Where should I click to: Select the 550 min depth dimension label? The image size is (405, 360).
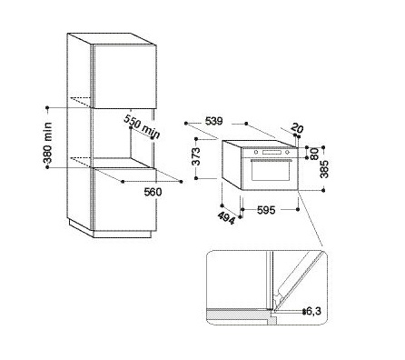[142, 127]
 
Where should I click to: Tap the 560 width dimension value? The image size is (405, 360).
[153, 192]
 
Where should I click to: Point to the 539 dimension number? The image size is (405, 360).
[213, 121]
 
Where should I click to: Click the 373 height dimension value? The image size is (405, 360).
[196, 156]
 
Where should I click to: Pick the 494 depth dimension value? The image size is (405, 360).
[226, 218]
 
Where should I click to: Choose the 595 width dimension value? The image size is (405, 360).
[266, 210]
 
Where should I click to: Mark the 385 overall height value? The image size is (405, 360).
[324, 169]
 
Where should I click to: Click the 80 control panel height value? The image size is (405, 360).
[315, 154]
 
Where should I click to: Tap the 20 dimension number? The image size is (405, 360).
[297, 128]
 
